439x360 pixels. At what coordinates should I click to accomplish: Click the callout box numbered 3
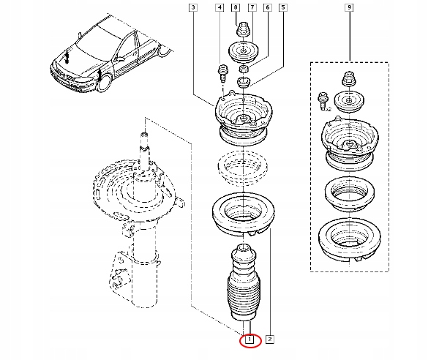click(193, 7)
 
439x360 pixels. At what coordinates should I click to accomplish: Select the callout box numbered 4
click(219, 7)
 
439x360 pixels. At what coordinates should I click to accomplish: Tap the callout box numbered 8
click(236, 7)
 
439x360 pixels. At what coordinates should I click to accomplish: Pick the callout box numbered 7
click(252, 7)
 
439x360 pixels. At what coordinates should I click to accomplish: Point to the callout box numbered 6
click(268, 7)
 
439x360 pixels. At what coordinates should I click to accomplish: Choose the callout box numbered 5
click(283, 7)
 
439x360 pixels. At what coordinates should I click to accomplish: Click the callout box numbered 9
click(349, 7)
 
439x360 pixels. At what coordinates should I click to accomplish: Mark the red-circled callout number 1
click(250, 340)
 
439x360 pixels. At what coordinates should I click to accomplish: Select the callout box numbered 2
click(269, 340)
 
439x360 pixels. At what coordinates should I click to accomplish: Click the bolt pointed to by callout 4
click(222, 73)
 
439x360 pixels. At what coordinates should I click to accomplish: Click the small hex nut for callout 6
click(244, 69)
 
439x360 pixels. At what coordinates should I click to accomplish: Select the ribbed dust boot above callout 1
click(244, 282)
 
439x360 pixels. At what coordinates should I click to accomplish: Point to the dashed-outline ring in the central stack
click(242, 168)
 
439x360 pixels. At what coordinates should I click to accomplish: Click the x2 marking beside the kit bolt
click(328, 110)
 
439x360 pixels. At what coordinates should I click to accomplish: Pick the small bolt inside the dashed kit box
click(321, 101)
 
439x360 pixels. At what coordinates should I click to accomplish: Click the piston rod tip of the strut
click(144, 135)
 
